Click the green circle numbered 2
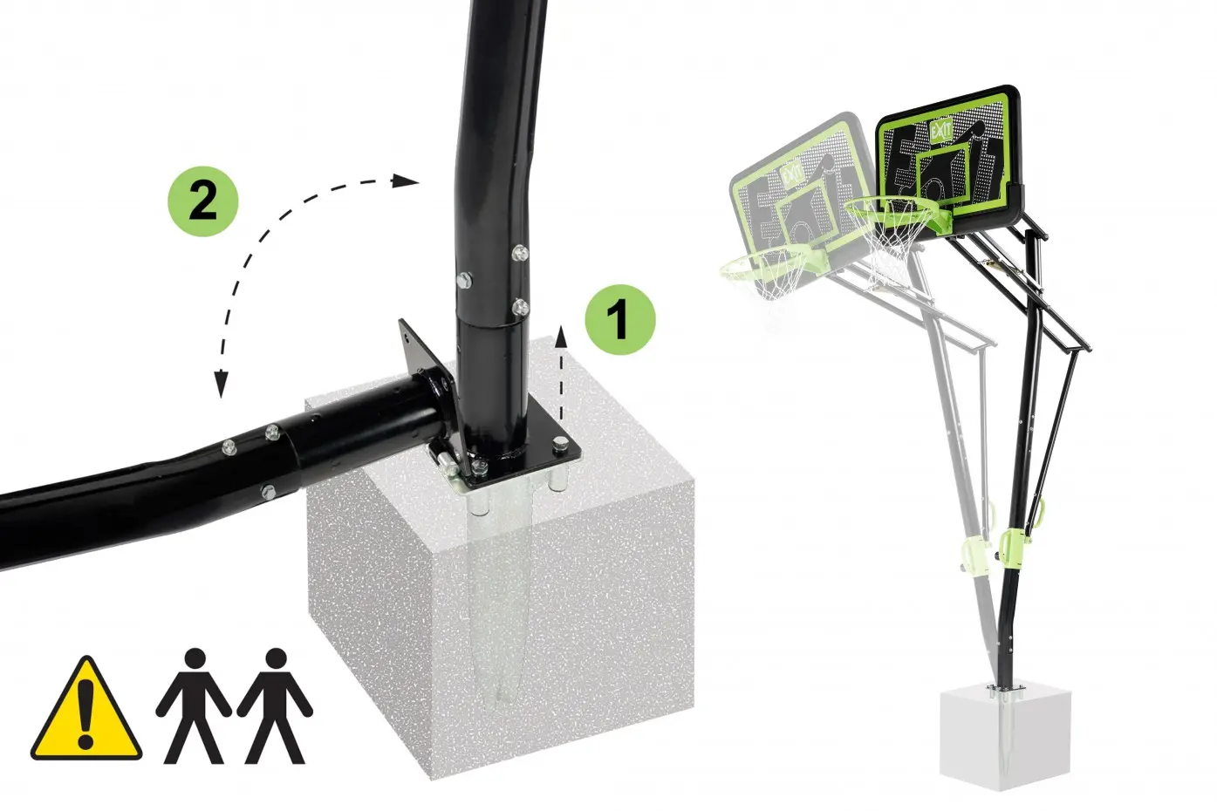pyautogui.click(x=202, y=201)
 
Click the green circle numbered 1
pyautogui.click(x=620, y=319)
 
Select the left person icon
pyautogui.click(x=194, y=705)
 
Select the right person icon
pyautogui.click(x=275, y=705)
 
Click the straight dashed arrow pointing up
pyautogui.click(x=561, y=374)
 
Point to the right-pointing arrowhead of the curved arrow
pyautogui.click(x=405, y=181)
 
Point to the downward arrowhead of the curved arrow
pyautogui.click(x=221, y=384)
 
